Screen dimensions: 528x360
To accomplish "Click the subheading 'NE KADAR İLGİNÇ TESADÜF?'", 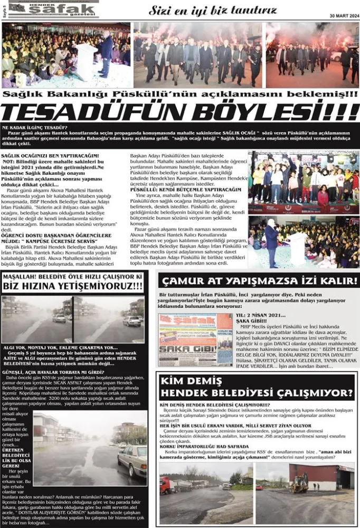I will point(35,127).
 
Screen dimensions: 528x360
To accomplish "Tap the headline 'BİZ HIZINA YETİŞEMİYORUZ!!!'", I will point(73,286).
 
